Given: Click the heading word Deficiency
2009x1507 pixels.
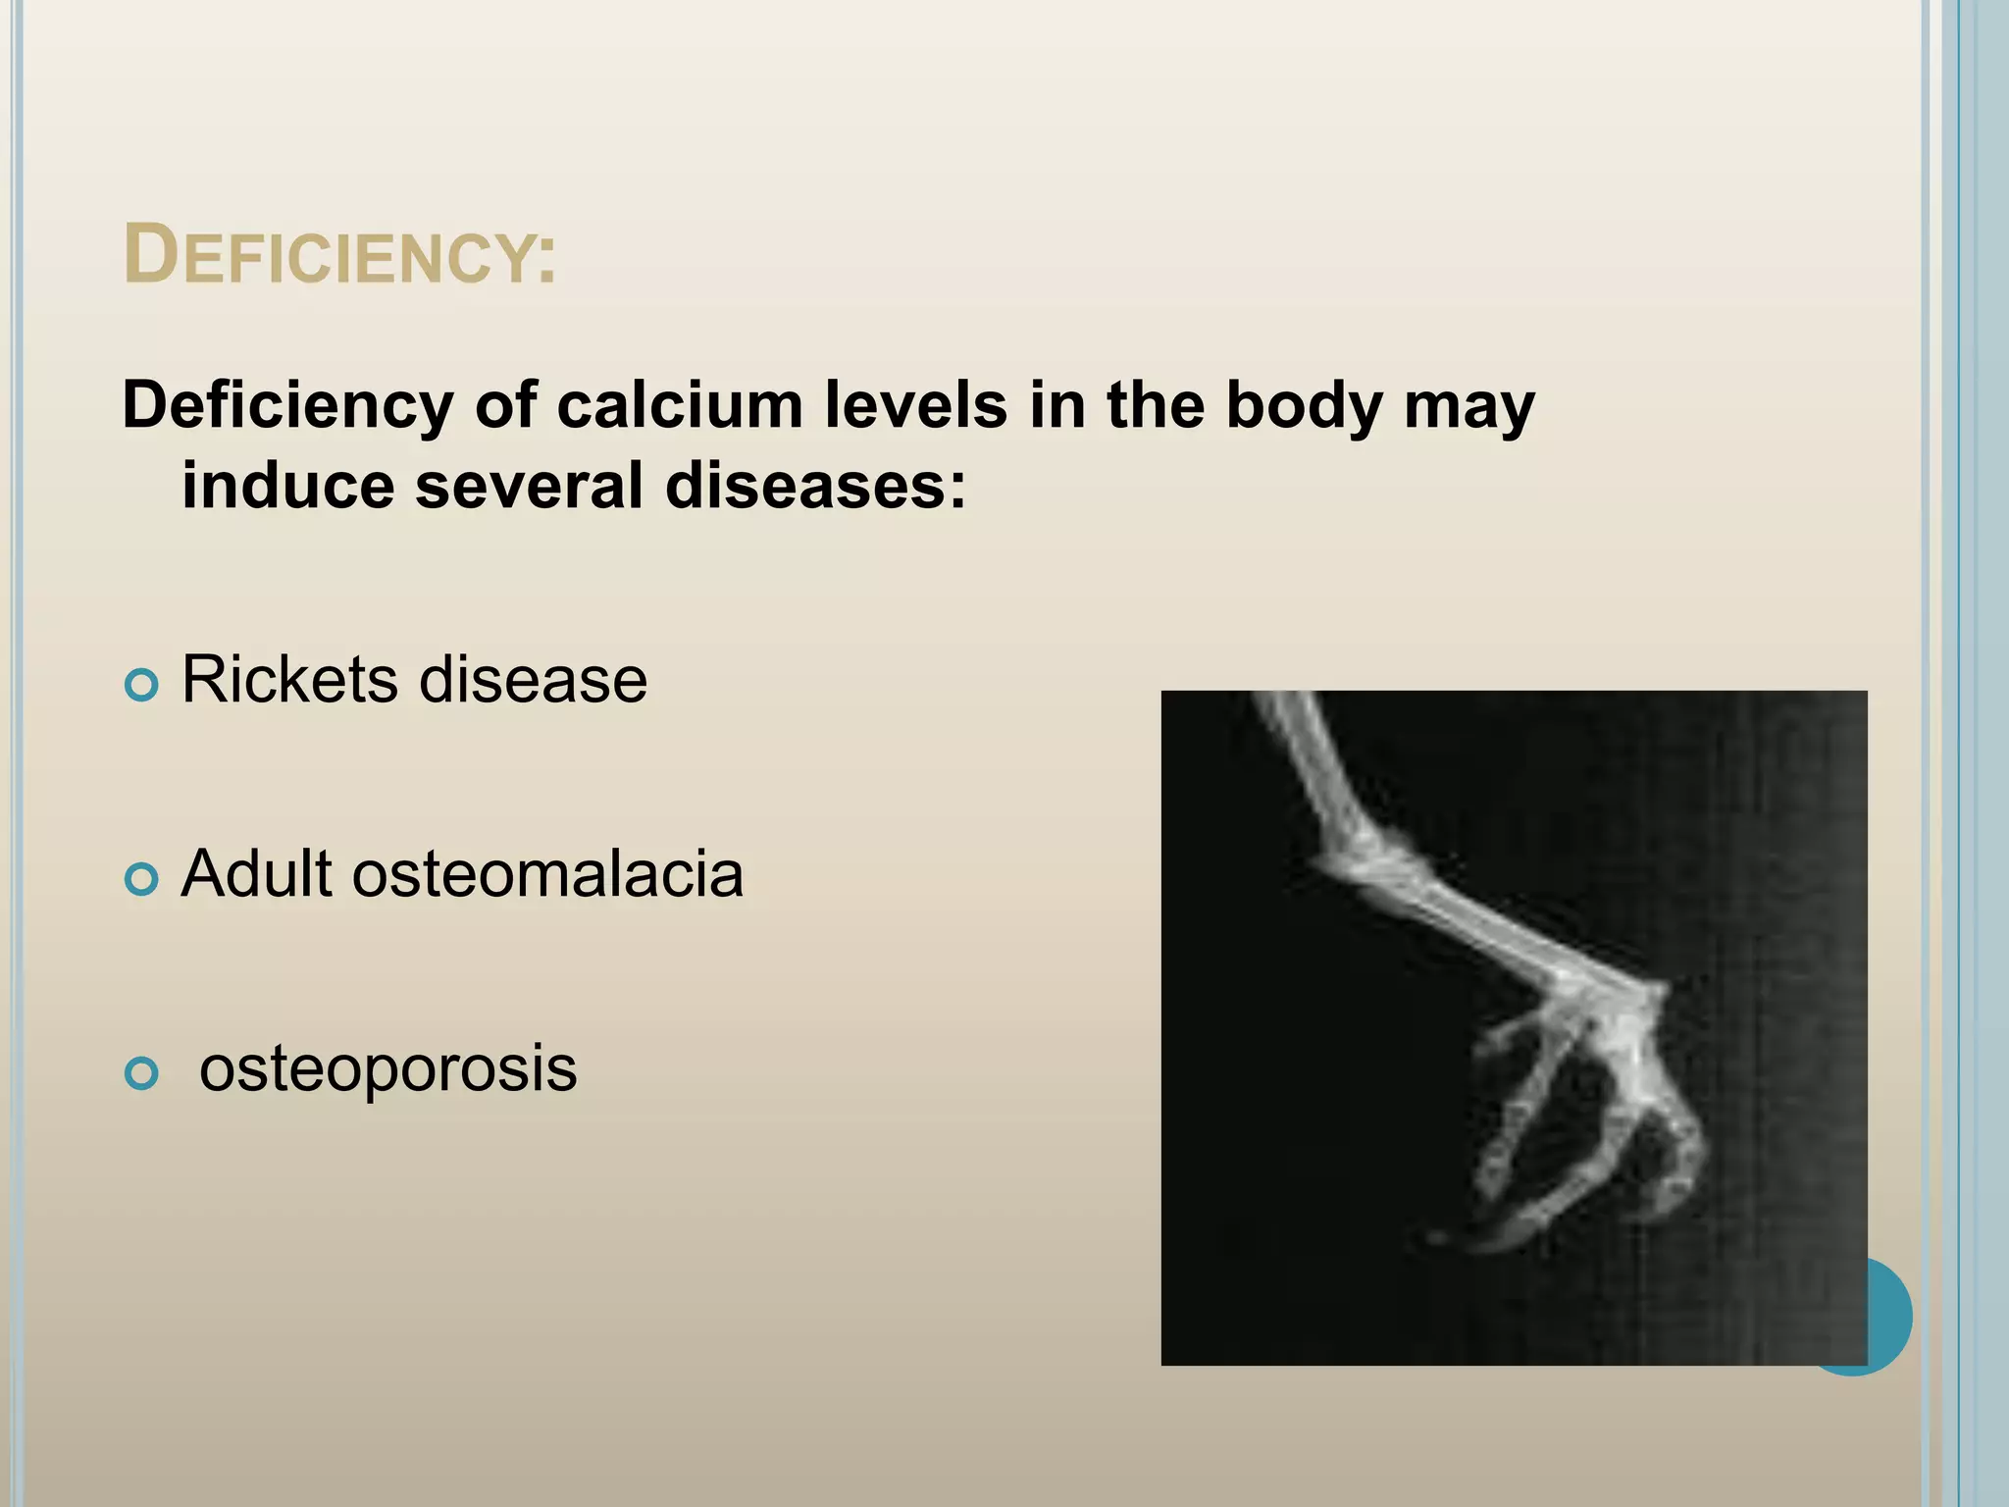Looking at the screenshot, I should pos(339,255).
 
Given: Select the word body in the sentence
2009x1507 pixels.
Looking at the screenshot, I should pos(1303,406).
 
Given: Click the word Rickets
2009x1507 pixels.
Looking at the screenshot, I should pos(290,679).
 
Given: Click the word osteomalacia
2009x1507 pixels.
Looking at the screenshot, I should pos(547,873).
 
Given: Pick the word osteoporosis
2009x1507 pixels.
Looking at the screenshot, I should pos(387,1069).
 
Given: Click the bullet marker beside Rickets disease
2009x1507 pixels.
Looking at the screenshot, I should pos(142,684).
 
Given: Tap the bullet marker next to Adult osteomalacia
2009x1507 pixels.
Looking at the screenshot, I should pos(142,879).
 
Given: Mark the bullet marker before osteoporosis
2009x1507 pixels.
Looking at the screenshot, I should pos(142,1073).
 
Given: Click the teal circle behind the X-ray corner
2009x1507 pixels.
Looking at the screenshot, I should pos(1889,1315).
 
